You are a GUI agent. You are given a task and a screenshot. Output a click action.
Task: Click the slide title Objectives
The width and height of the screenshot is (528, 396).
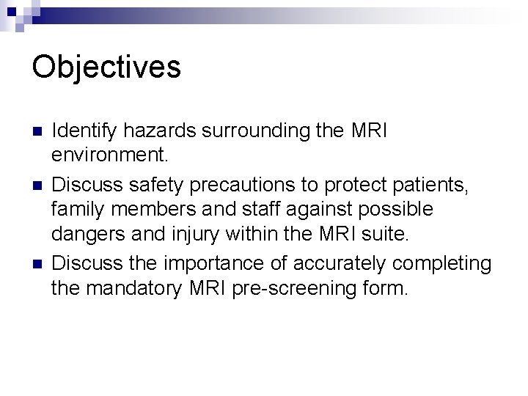pyautogui.click(x=106, y=67)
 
